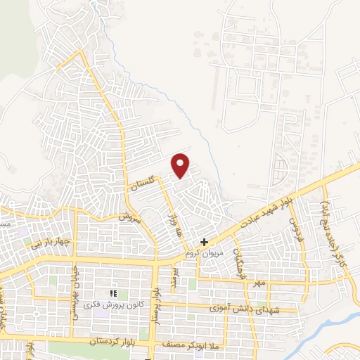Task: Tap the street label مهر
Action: [260, 283]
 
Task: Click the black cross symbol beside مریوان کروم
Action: [204, 242]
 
